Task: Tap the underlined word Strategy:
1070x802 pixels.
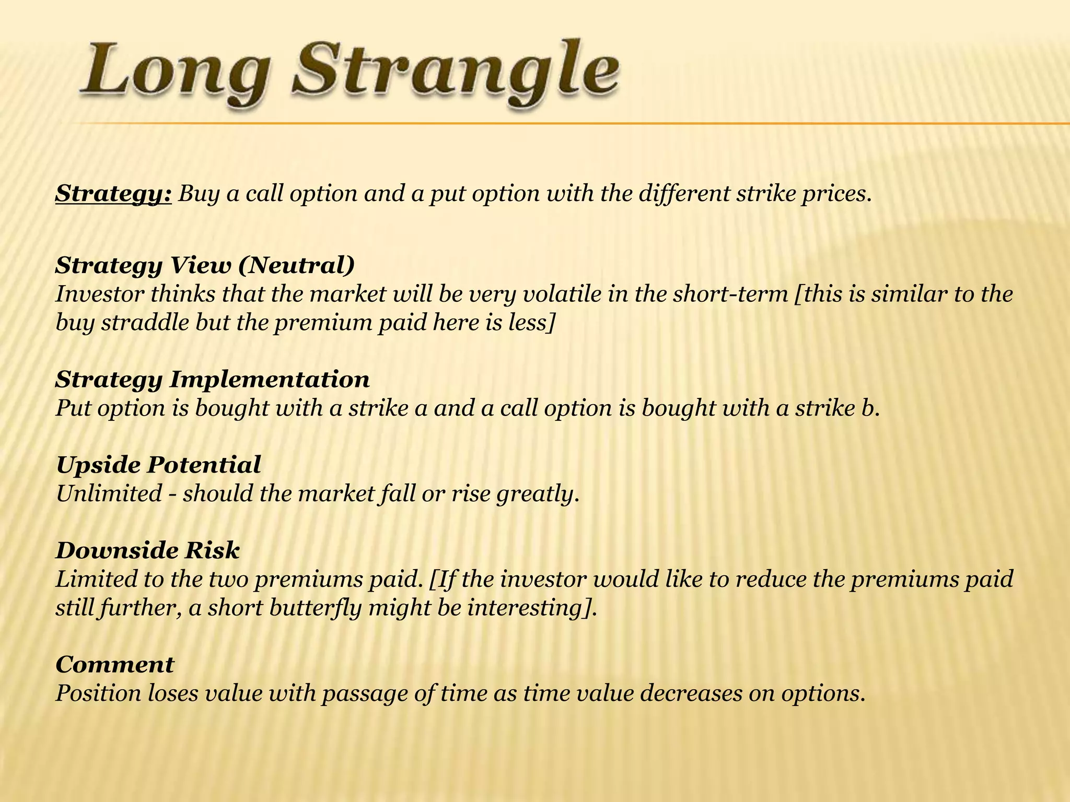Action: [113, 194]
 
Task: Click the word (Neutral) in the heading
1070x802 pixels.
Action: [296, 265]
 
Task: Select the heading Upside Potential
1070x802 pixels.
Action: [158, 465]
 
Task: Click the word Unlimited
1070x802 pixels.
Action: [109, 493]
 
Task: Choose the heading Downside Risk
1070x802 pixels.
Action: [148, 550]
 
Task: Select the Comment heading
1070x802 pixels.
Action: [115, 665]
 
